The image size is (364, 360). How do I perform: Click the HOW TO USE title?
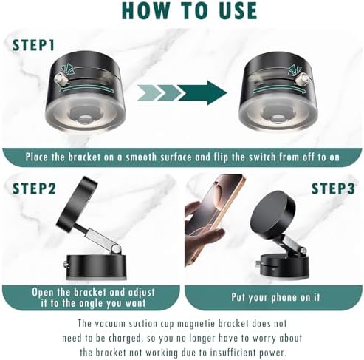[x=182, y=11]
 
